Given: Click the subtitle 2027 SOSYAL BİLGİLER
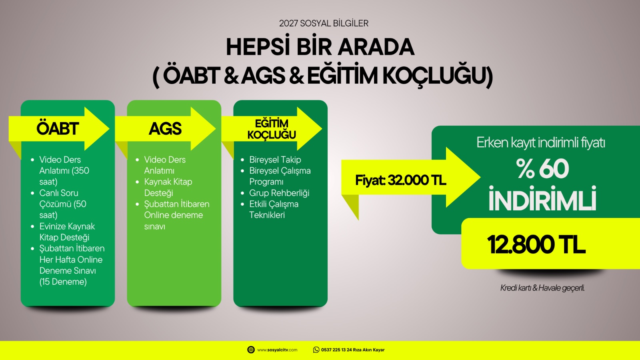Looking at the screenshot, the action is click(324, 23).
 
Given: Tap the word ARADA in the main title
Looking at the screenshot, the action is click(376, 47).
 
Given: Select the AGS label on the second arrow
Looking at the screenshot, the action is click(165, 128).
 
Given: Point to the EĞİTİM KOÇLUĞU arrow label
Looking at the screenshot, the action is click(272, 129).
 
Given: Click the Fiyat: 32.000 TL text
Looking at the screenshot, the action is click(400, 180).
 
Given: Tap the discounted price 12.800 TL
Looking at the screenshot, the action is click(536, 244).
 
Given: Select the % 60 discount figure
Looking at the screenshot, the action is click(542, 168).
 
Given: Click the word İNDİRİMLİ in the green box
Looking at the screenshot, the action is click(542, 198).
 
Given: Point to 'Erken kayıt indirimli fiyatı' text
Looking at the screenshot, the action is click(540, 142).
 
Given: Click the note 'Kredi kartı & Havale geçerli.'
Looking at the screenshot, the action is click(542, 288).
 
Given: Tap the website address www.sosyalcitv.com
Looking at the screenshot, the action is click(277, 350).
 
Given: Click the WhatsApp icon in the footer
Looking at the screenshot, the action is click(316, 350).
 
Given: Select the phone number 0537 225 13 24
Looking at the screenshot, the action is click(336, 350).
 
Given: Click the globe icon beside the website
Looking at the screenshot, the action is click(251, 350).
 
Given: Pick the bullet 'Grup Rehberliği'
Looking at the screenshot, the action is click(279, 193).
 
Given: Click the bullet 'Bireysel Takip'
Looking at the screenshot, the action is click(275, 160).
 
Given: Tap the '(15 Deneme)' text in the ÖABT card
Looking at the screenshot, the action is click(63, 282).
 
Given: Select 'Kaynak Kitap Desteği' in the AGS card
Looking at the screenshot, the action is click(168, 187).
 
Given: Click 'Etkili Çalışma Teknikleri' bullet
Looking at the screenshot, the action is click(274, 210).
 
